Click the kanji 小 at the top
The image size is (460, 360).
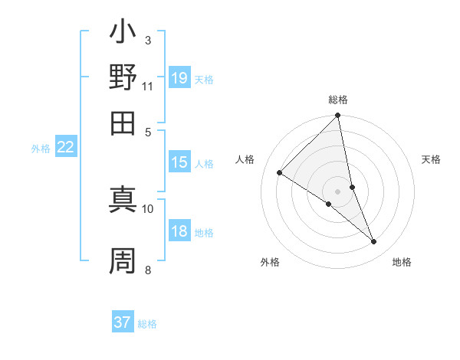pyautogui.click(x=123, y=34)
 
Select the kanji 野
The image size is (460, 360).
pyautogui.click(x=123, y=77)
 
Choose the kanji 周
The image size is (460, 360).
pyautogui.click(x=123, y=261)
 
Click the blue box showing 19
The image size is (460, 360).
pyautogui.click(x=179, y=78)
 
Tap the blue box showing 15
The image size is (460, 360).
pyautogui.click(x=179, y=162)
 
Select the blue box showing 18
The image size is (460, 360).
pyautogui.click(x=179, y=232)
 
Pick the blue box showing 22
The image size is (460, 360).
pyautogui.click(x=65, y=148)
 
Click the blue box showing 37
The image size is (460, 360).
pyautogui.click(x=123, y=322)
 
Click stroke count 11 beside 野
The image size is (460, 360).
pyautogui.click(x=148, y=86)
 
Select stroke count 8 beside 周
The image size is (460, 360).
pyautogui.click(x=148, y=269)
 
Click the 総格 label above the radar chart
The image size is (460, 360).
pyautogui.click(x=338, y=100)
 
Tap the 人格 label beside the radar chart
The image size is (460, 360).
pyautogui.click(x=245, y=159)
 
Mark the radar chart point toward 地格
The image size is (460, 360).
pyautogui.click(x=374, y=242)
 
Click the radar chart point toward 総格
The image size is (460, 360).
pyautogui.click(x=338, y=116)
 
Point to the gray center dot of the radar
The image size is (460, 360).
pyautogui.click(x=338, y=191)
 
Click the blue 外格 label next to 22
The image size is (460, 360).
pyautogui.click(x=41, y=149)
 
